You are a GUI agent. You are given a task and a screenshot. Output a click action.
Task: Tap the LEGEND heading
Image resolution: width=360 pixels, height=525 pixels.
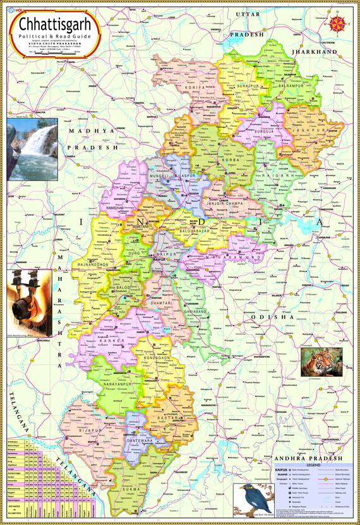[x=307, y=466]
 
